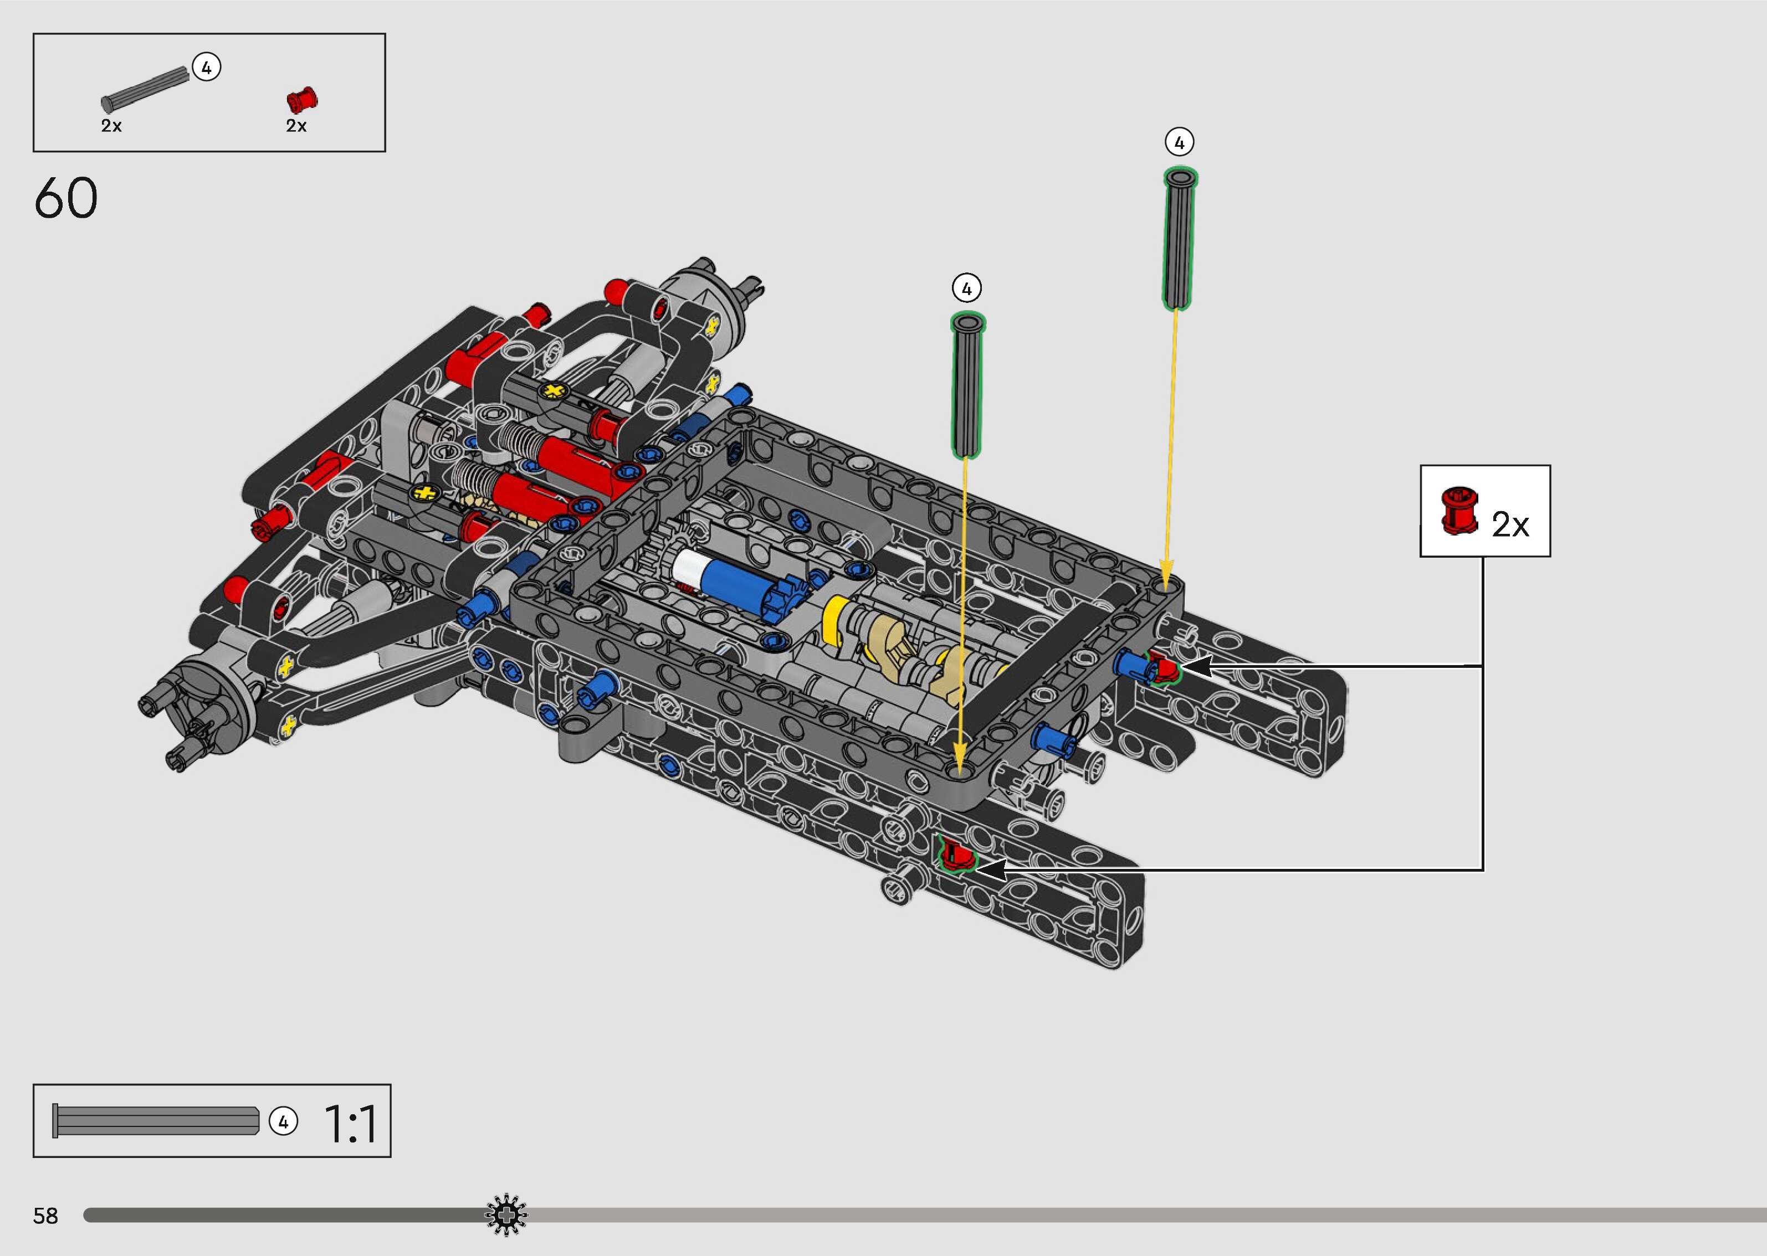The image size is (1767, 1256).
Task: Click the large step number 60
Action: coord(66,198)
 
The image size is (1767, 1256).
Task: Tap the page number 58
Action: coord(45,1216)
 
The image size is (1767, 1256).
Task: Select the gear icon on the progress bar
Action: coord(506,1215)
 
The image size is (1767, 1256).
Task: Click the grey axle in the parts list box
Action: coord(145,89)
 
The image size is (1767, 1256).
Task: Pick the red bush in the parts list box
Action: coord(302,100)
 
